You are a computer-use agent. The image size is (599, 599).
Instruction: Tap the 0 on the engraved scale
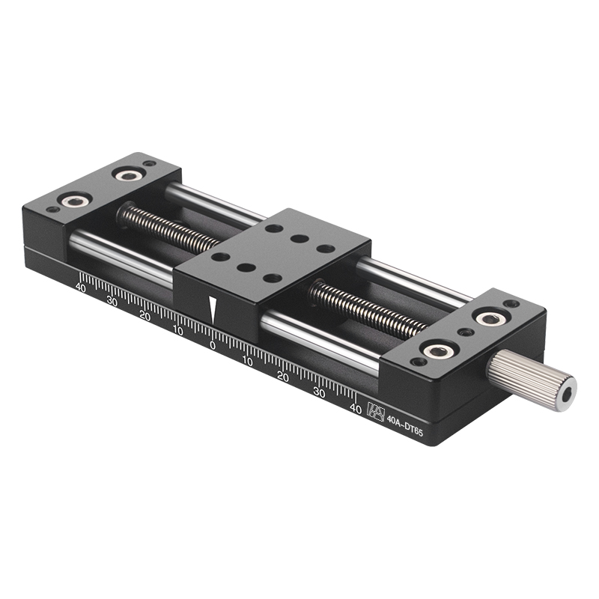pos(212,346)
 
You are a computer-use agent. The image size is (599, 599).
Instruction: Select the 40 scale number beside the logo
pos(356,409)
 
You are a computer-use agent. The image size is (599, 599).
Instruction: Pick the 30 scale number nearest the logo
pos(319,392)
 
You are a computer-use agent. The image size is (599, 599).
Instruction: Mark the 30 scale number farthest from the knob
pos(112,300)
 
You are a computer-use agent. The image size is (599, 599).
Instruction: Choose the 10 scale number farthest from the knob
pos(177,329)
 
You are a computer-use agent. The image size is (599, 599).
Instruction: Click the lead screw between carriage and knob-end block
pos(367,307)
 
